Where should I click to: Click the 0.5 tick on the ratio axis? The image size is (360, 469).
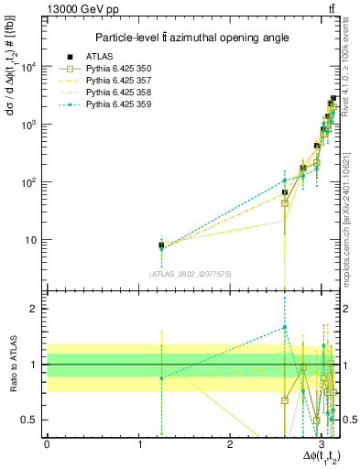(30, 420)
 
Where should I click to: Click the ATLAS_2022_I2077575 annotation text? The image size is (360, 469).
(190, 273)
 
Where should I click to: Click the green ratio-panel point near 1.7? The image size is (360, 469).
(285, 327)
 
